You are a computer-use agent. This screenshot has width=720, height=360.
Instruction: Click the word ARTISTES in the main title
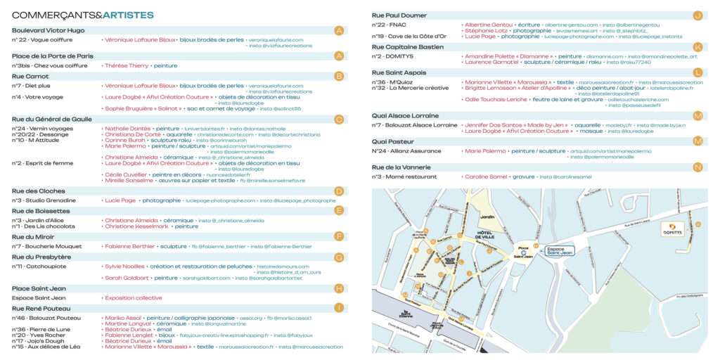click(128, 15)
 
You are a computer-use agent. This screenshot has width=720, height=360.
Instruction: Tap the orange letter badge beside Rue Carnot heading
click(339, 76)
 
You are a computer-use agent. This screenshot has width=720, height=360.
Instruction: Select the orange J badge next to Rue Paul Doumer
click(697, 15)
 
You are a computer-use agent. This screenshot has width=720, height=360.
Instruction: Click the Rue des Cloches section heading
click(39, 191)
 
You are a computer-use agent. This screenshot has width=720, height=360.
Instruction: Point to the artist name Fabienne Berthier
click(129, 247)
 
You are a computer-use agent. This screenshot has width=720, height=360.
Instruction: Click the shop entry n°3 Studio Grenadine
click(44, 200)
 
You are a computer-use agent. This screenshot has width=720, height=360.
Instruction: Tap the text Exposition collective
click(133, 297)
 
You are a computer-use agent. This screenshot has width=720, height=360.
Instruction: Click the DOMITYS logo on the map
click(673, 229)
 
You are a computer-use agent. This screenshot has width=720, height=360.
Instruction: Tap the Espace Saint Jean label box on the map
click(560, 249)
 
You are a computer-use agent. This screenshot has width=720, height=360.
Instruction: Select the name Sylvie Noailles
click(124, 266)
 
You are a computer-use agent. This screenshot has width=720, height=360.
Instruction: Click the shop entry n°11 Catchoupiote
click(40, 266)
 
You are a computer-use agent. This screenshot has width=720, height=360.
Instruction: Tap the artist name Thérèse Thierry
click(127, 65)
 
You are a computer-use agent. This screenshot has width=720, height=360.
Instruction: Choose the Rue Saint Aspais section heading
click(399, 72)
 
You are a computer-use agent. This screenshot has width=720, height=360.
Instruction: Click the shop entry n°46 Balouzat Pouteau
click(46, 318)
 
